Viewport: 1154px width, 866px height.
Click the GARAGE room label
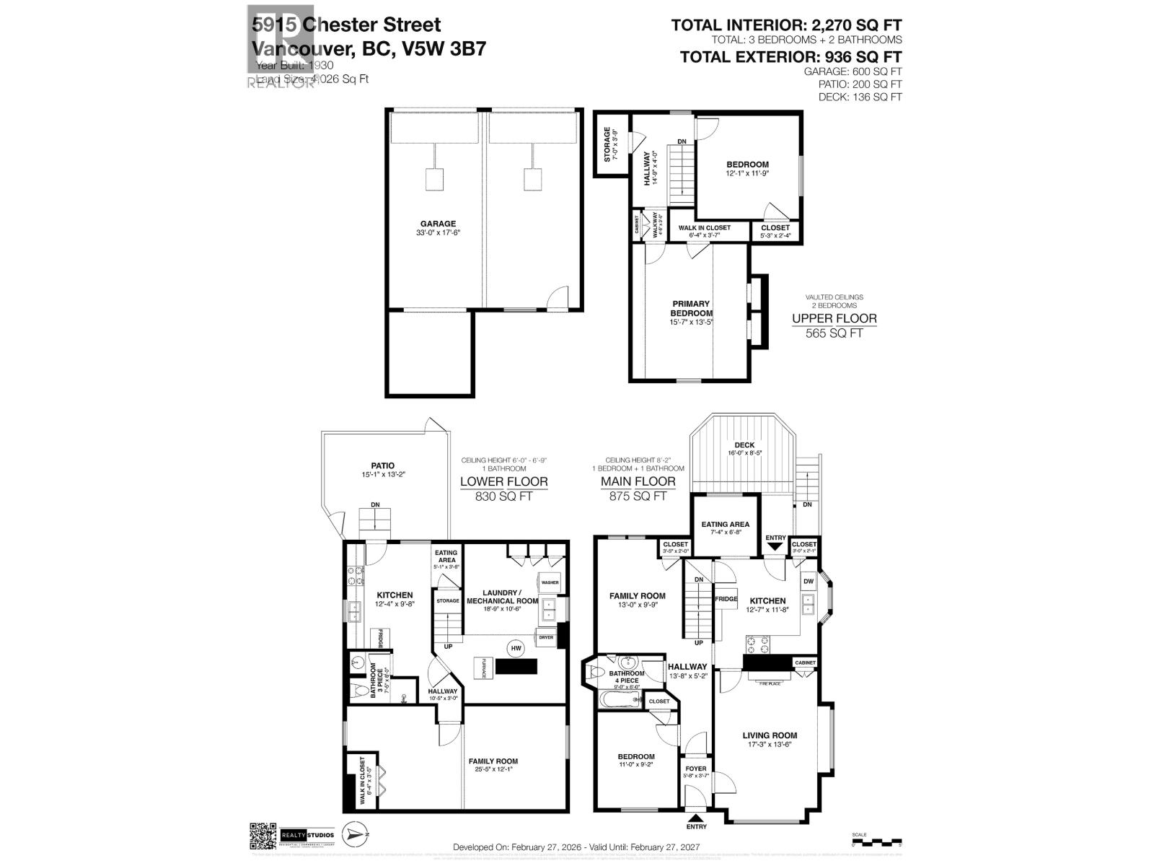(439, 224)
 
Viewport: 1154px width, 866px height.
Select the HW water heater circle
(516, 649)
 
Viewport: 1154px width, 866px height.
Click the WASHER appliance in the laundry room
(549, 582)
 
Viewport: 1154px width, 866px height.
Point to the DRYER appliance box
(545, 637)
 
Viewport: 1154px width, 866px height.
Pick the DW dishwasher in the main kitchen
(808, 581)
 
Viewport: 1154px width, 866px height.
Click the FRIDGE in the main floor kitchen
(726, 599)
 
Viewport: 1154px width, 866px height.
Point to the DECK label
(744, 445)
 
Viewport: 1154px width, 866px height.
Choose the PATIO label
(383, 466)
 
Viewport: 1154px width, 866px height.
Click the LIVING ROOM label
(770, 735)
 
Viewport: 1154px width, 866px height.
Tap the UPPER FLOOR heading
(834, 318)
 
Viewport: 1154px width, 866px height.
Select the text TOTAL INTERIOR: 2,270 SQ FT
(786, 25)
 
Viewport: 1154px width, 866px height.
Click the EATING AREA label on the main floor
(725, 525)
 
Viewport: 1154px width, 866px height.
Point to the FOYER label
(696, 769)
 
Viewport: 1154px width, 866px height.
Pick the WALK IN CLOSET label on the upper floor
(704, 227)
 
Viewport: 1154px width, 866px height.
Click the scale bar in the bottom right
(876, 841)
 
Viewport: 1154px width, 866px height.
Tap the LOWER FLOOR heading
(503, 481)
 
